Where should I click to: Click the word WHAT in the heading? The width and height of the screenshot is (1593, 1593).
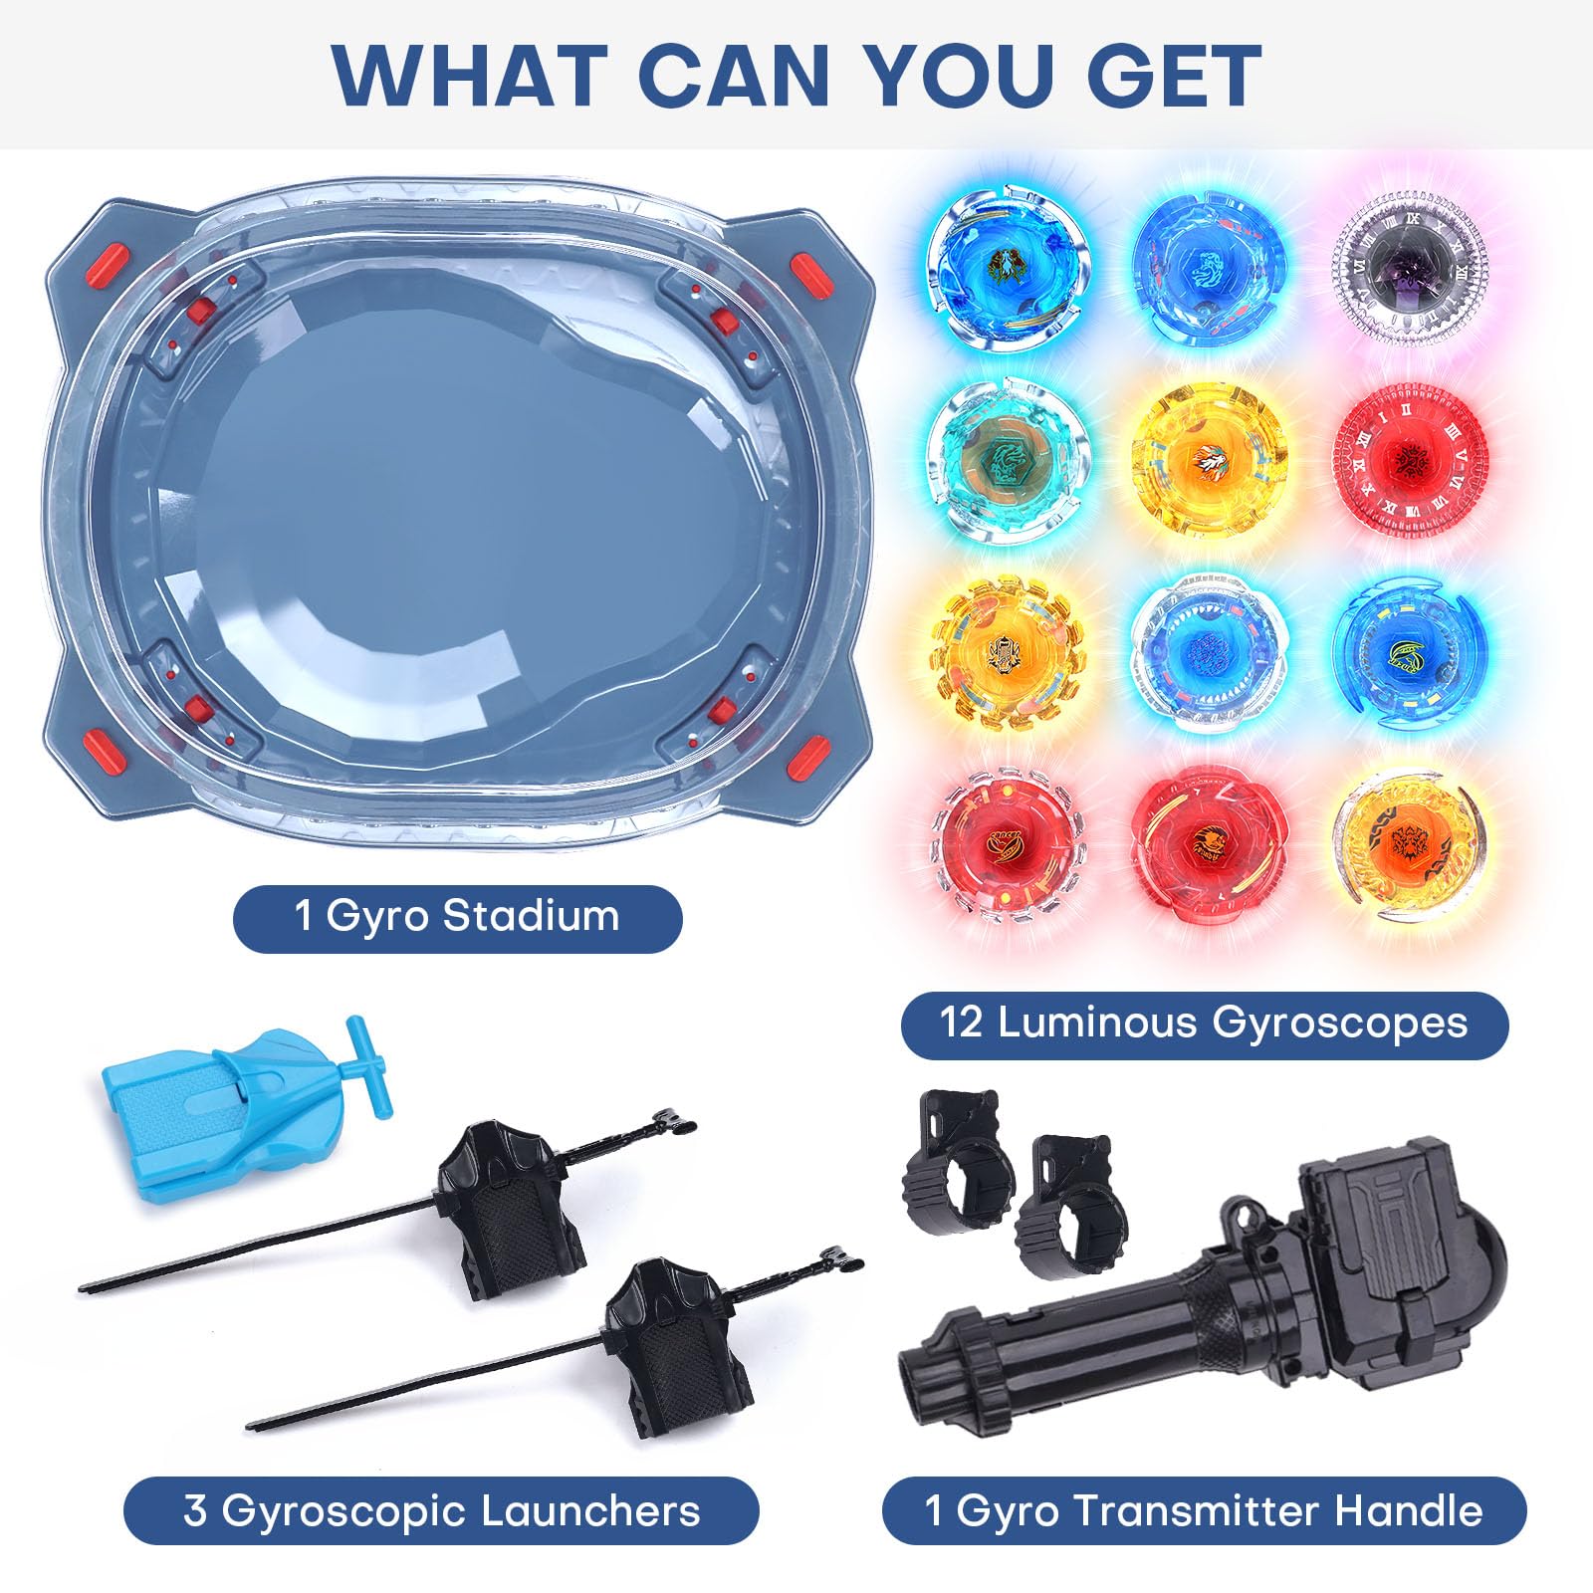click(470, 75)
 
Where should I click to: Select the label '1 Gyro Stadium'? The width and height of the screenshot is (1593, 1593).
click(457, 916)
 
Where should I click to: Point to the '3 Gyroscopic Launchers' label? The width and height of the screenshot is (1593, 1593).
click(442, 1511)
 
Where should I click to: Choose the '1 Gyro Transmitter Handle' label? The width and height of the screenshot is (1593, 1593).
click(1204, 1511)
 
